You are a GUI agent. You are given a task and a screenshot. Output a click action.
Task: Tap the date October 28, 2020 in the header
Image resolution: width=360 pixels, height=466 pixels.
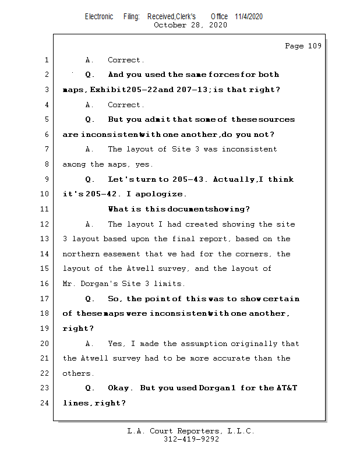click(x=190, y=25)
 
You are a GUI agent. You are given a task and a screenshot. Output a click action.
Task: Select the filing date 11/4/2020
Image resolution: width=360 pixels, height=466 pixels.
click(x=249, y=17)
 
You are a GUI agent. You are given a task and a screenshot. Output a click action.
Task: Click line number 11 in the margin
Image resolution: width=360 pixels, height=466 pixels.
click(x=46, y=209)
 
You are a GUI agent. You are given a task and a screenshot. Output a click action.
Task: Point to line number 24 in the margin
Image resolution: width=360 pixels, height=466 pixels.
click(x=46, y=403)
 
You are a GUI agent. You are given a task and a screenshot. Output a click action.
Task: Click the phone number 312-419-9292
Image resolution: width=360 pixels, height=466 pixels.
click(x=191, y=439)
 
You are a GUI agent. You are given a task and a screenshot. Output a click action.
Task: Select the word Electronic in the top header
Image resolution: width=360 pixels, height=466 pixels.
click(x=99, y=17)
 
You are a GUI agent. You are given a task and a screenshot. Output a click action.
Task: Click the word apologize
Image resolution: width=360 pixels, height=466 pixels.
click(x=166, y=194)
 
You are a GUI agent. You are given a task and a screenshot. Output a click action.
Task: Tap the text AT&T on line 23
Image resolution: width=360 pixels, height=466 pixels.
click(x=286, y=388)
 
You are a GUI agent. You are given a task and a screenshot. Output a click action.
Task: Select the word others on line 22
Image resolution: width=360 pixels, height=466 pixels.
click(x=77, y=373)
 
